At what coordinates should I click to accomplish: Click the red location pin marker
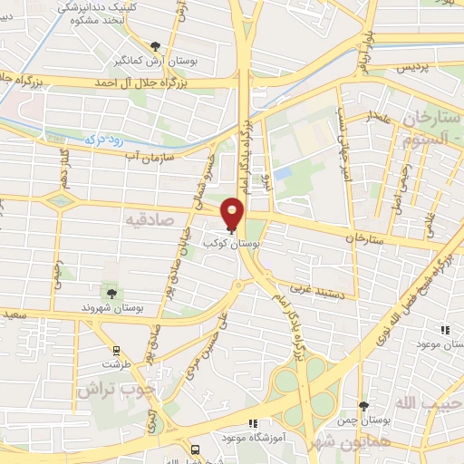233,214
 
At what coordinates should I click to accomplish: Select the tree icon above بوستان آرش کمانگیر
156,46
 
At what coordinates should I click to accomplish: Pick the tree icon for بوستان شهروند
111,293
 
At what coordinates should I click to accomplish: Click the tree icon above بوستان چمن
364,405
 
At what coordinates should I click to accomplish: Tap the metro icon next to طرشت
115,350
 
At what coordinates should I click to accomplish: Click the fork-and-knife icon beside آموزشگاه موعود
253,422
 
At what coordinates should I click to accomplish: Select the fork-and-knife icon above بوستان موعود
444,331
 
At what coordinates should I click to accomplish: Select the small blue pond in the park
283,171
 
